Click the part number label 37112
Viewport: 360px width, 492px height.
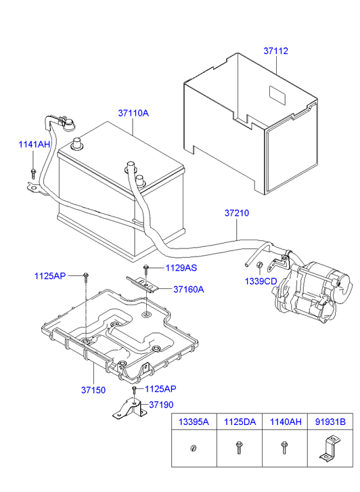coord(275,51)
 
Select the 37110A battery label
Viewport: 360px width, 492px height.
coord(133,113)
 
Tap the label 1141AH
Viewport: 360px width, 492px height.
coord(35,144)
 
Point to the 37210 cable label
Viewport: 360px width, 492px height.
coord(237,213)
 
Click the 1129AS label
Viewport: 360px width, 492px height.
coord(181,267)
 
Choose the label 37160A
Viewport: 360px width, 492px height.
coord(189,289)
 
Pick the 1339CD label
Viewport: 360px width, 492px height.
coord(261,281)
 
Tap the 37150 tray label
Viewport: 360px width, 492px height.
coord(93,390)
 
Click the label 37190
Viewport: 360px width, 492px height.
coord(161,405)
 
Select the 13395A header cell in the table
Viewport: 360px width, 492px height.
coord(194,422)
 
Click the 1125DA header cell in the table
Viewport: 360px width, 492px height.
coord(240,422)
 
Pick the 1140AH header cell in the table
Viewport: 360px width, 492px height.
coord(285,422)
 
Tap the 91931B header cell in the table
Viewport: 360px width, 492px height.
coord(330,422)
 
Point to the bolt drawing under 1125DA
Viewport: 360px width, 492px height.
coord(238,447)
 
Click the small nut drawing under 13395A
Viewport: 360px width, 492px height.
coord(194,448)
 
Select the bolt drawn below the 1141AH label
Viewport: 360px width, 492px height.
coord(33,174)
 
